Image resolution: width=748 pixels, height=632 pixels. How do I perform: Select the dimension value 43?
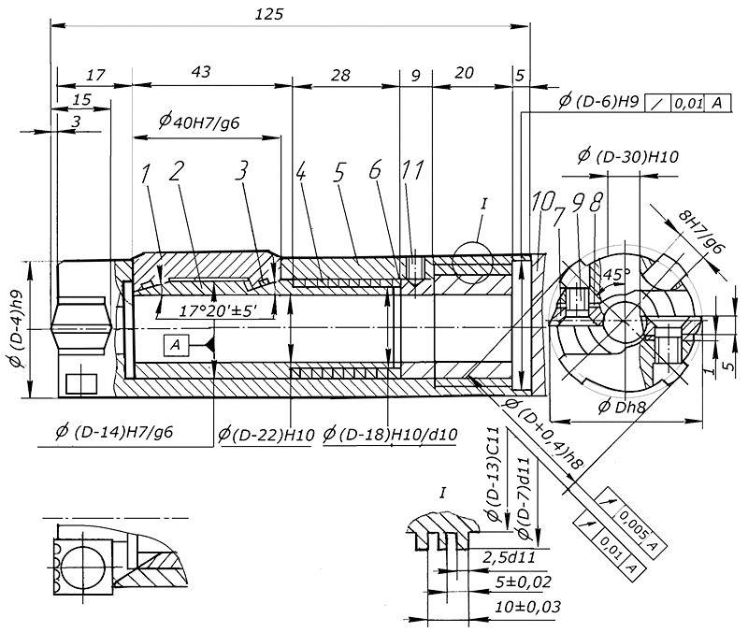pyautogui.click(x=199, y=72)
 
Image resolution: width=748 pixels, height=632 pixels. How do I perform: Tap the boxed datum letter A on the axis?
pyautogui.click(x=175, y=345)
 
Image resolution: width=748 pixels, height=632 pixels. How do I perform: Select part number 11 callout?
pyautogui.click(x=412, y=170)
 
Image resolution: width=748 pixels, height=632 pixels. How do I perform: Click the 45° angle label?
pyautogui.click(x=615, y=277)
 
